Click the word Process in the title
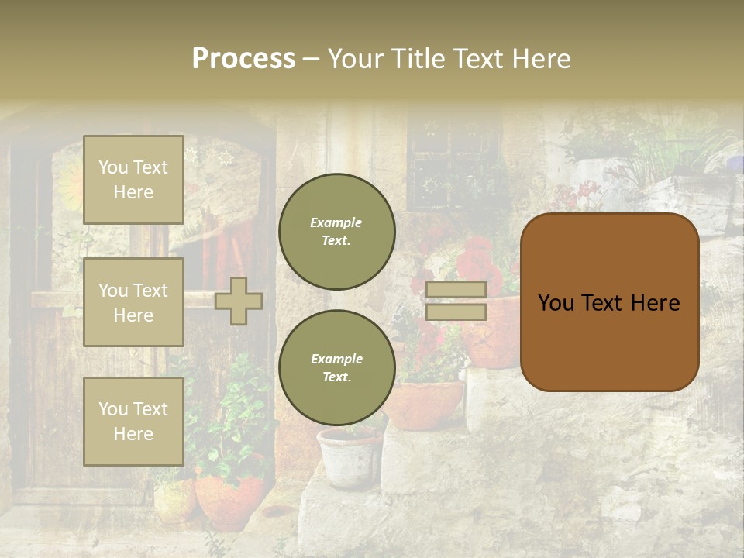pyautogui.click(x=243, y=59)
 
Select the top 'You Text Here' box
pyautogui.click(x=133, y=180)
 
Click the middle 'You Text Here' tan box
pyautogui.click(x=133, y=302)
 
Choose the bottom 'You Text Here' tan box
pyautogui.click(x=133, y=422)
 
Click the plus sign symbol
pyautogui.click(x=238, y=301)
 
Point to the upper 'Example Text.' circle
pyautogui.click(x=337, y=232)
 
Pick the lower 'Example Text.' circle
pyautogui.click(x=337, y=368)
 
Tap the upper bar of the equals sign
pyautogui.click(x=456, y=289)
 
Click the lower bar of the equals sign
pyautogui.click(x=456, y=312)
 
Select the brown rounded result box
pyautogui.click(x=609, y=302)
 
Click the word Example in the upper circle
pyautogui.click(x=336, y=222)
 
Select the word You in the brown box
pyautogui.click(x=555, y=303)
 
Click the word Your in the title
pyautogui.click(x=356, y=59)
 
